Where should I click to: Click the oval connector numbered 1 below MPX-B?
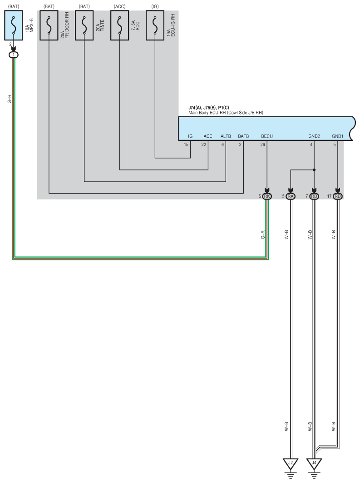14,55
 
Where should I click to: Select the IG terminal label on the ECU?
190,136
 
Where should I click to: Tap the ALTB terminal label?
226,136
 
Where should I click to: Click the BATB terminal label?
243,136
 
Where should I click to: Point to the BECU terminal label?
267,136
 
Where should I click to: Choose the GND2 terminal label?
314,136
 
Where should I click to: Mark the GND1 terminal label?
338,136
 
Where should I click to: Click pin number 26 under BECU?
262,145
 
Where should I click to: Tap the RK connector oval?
267,196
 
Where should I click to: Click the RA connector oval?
291,196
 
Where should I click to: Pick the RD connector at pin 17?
338,196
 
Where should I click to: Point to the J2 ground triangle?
291,464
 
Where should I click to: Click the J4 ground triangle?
314,464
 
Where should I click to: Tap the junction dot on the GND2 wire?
314,170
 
